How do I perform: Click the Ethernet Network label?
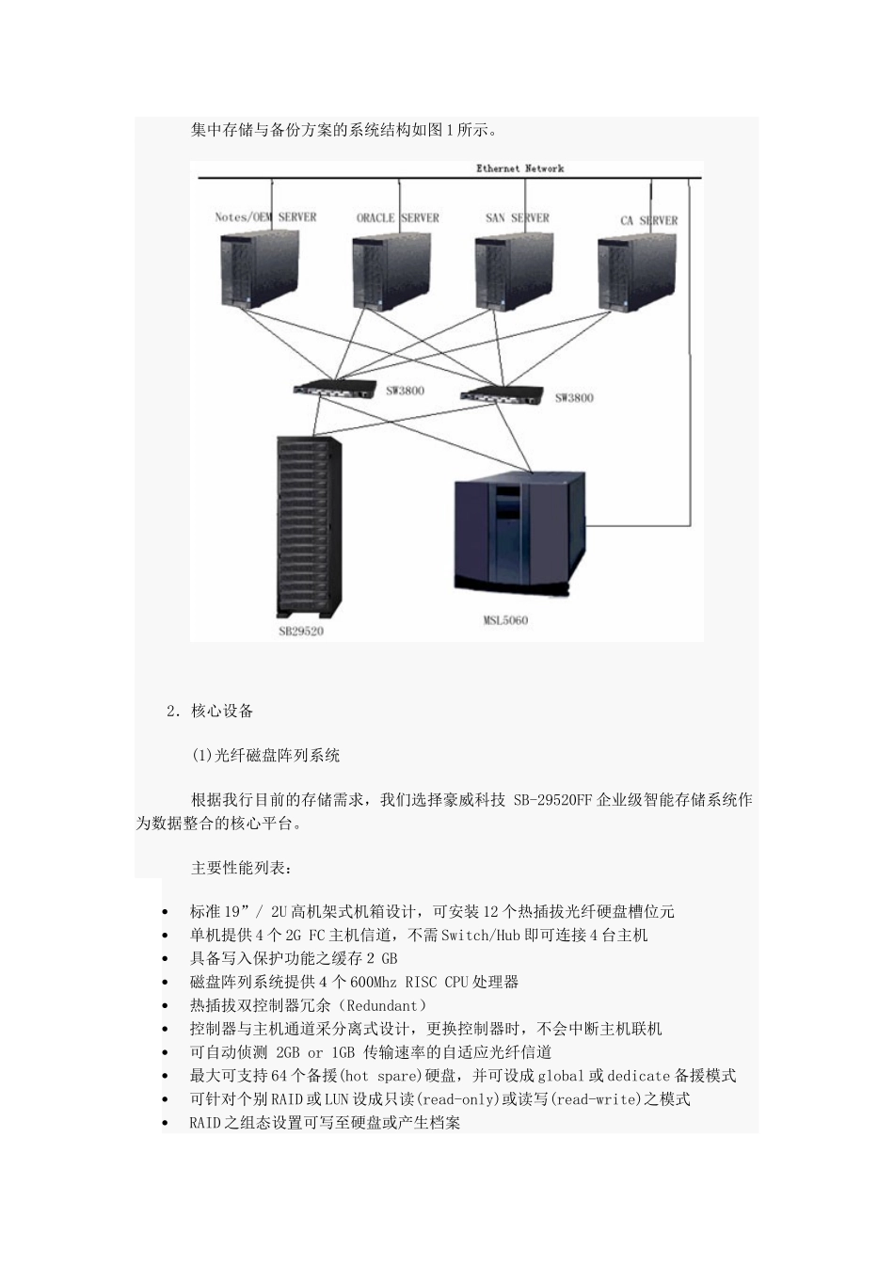[x=519, y=168]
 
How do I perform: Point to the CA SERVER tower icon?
[x=636, y=272]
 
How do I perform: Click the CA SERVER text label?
[x=648, y=220]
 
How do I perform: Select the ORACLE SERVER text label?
[x=397, y=217]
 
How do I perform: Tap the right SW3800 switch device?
[x=503, y=392]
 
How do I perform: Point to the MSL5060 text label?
[x=505, y=620]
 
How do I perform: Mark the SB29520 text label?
[x=300, y=631]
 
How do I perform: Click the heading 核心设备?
[x=222, y=712]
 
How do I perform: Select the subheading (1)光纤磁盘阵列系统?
[x=265, y=755]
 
